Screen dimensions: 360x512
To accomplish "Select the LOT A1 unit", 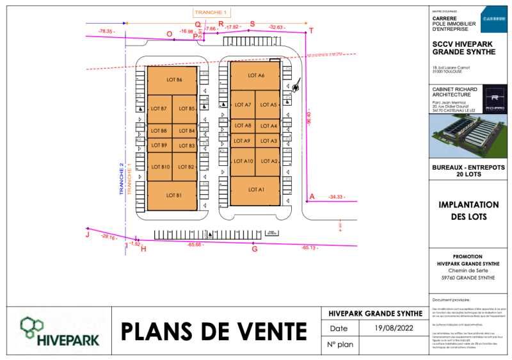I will [x=255, y=190].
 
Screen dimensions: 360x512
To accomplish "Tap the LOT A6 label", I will [x=255, y=76].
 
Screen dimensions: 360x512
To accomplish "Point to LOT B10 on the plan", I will [x=160, y=167].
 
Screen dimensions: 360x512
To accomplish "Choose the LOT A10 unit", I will [x=243, y=161].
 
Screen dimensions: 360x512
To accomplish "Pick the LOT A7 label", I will [x=243, y=104].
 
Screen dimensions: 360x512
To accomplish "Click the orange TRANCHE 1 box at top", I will [x=210, y=12].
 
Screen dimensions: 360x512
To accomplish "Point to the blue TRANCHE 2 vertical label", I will [x=121, y=179].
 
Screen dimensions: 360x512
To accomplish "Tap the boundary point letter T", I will [x=312, y=31].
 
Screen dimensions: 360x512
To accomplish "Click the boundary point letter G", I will [x=254, y=249].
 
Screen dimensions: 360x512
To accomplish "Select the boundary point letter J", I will [x=87, y=235].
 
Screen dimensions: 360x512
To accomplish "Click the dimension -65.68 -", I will [x=195, y=245].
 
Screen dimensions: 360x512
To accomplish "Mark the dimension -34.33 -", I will [x=336, y=197].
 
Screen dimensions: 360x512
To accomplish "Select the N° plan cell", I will [x=340, y=345].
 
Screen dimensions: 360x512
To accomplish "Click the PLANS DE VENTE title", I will [x=214, y=331].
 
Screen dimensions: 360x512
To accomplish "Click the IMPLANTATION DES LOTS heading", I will [x=468, y=211].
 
